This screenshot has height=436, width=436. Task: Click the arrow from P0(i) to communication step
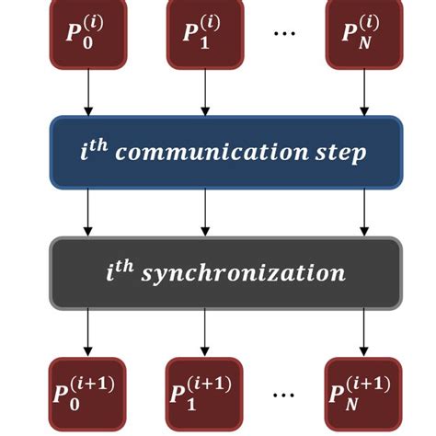click(x=87, y=91)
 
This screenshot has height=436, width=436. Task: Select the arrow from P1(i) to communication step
click(x=205, y=91)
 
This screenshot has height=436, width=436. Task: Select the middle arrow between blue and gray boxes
click(x=205, y=211)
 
